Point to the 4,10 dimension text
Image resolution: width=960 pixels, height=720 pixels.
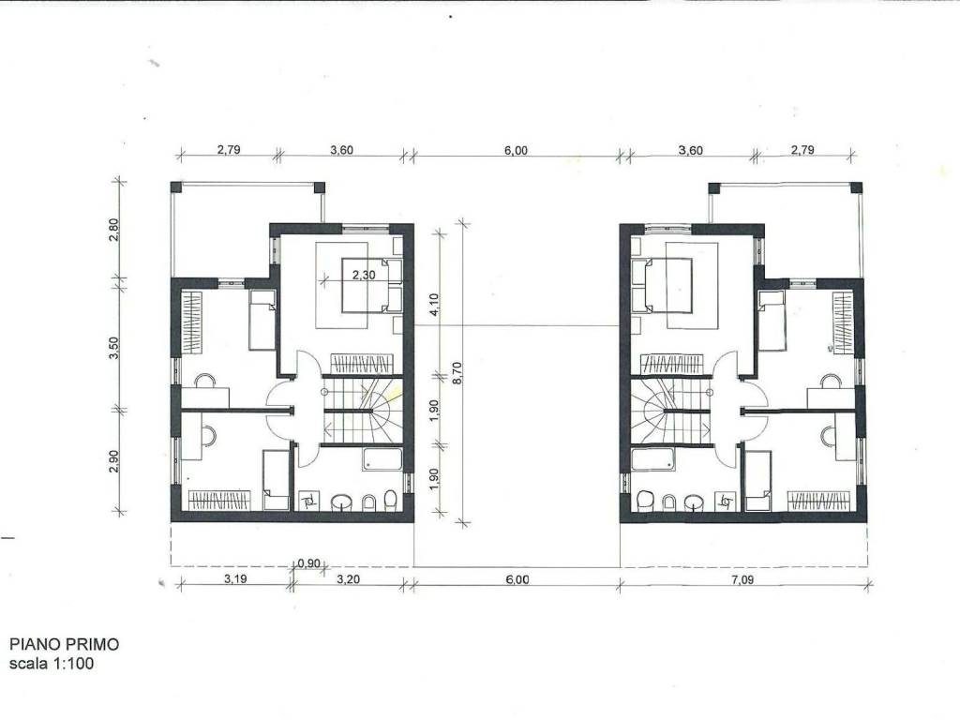(x=435, y=303)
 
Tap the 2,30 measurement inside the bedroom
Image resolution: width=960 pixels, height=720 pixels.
(x=364, y=276)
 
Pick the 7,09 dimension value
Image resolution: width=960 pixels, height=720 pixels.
(x=742, y=579)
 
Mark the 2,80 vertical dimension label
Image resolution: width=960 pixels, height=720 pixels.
(x=113, y=231)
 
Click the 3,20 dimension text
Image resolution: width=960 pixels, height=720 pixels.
(x=349, y=579)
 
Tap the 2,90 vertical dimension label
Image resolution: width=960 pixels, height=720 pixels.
(x=113, y=461)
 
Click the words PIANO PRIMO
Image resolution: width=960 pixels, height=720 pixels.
(x=65, y=644)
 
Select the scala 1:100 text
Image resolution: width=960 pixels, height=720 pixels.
(x=52, y=663)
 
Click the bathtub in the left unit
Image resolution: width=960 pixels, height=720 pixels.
(x=382, y=459)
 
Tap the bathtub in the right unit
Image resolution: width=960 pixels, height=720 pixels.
(x=652, y=459)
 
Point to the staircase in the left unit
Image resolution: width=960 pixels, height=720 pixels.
(x=363, y=410)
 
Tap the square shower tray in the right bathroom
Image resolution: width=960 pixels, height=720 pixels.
(x=727, y=502)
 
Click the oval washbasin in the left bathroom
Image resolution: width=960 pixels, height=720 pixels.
(x=341, y=503)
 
